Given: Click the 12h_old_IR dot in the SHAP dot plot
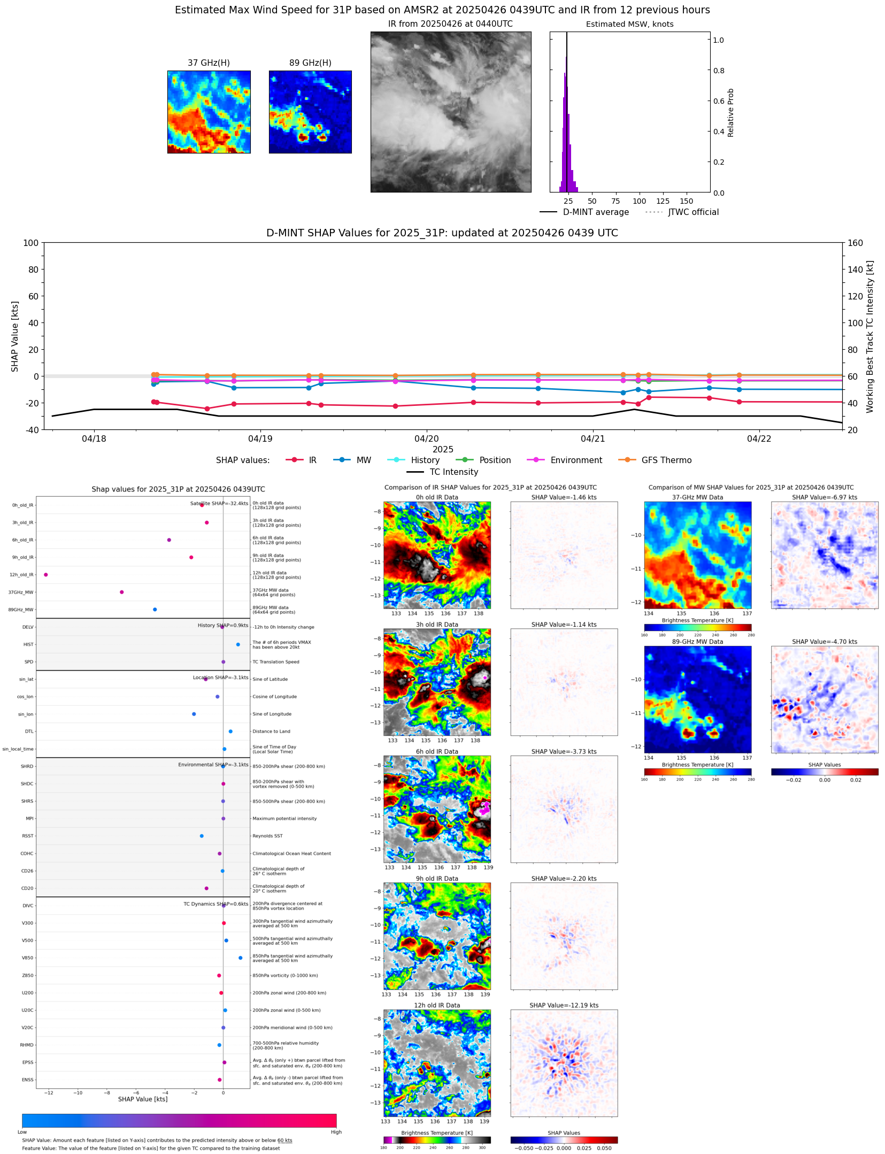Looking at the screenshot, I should pyautogui.click(x=46, y=574).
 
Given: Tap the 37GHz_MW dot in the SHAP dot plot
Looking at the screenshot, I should pyautogui.click(x=122, y=592).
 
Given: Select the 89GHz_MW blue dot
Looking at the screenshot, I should pyautogui.click(x=155, y=609).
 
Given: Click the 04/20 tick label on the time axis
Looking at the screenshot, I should pyautogui.click(x=426, y=438).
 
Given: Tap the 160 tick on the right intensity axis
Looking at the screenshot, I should pyautogui.click(x=855, y=243).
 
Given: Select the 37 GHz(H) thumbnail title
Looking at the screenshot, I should pyautogui.click(x=209, y=63).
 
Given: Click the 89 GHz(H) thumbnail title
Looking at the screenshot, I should pyautogui.click(x=310, y=63).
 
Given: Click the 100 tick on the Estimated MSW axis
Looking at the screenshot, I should pyautogui.click(x=639, y=201).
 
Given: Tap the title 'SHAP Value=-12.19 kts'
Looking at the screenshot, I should pyautogui.click(x=564, y=1005).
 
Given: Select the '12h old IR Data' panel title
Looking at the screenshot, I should pyautogui.click(x=437, y=1005).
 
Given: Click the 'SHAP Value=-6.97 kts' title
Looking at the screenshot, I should pyautogui.click(x=824, y=497).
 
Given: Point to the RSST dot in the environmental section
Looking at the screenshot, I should pyautogui.click(x=202, y=836).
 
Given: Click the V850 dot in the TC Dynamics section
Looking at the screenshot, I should pyautogui.click(x=241, y=958).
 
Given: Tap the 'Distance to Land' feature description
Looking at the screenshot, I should pyautogui.click(x=271, y=732).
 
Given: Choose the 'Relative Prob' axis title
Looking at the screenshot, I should pyautogui.click(x=730, y=113).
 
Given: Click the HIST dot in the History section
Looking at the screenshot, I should pyautogui.click(x=238, y=644).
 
